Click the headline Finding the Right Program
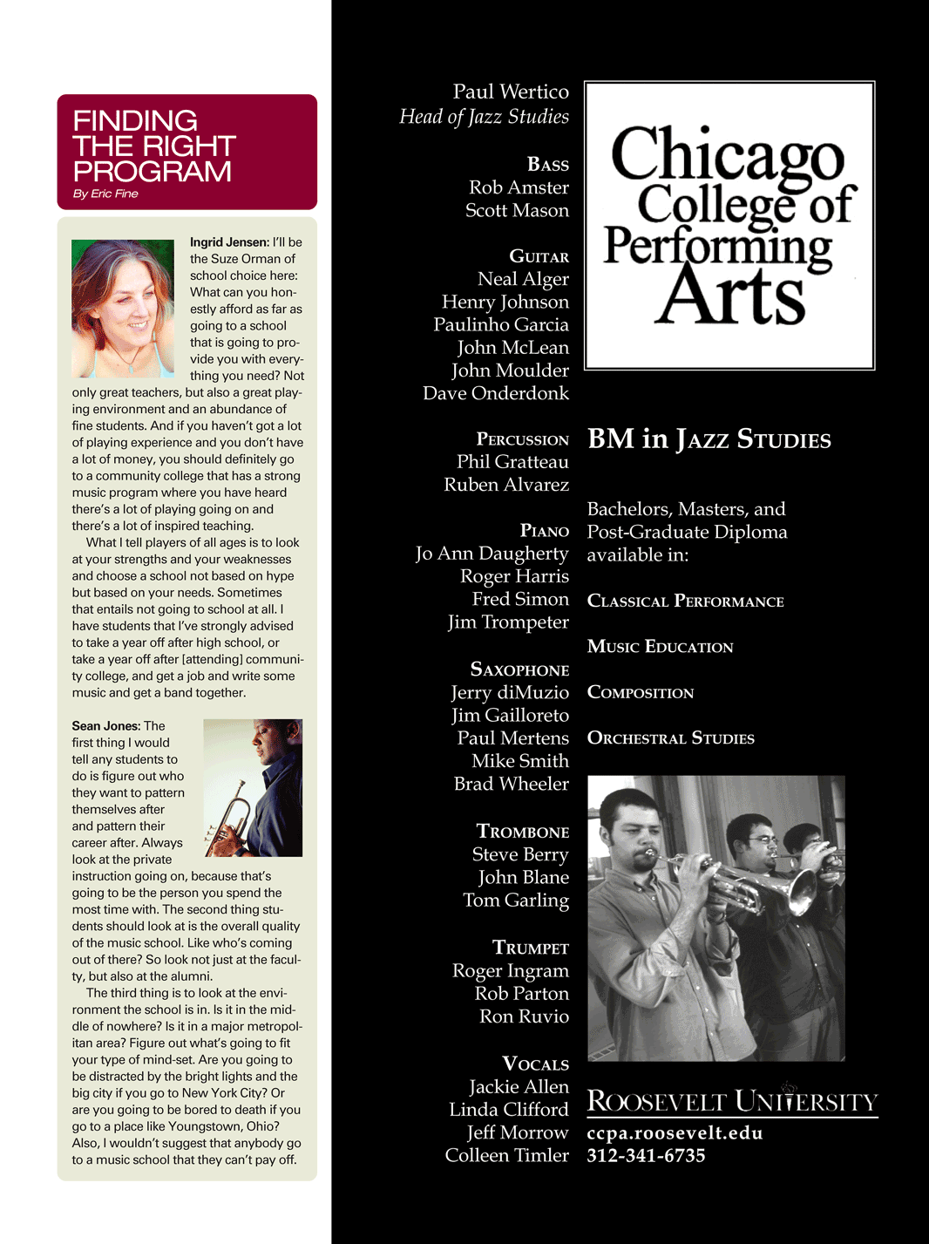point(153,146)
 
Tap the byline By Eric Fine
point(105,194)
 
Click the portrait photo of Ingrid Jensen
point(122,309)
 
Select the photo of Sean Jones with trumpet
point(253,787)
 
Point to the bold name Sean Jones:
point(105,726)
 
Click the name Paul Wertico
point(511,92)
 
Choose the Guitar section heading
point(539,256)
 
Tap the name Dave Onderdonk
point(496,393)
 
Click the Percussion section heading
point(522,439)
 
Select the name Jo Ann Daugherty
point(492,554)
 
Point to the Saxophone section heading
point(519,670)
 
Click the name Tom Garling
point(516,901)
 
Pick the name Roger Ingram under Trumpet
point(511,971)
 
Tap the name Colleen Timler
point(506,1155)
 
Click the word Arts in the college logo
point(730,296)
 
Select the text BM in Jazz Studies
point(709,438)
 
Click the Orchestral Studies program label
point(671,738)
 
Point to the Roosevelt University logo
point(732,1100)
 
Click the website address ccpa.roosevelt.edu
point(675,1133)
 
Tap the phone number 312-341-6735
point(646,1156)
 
